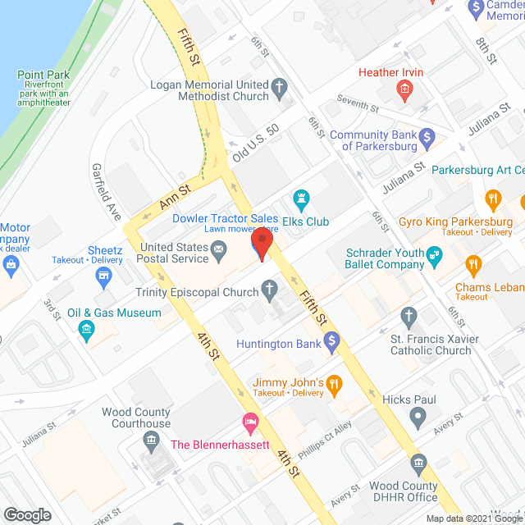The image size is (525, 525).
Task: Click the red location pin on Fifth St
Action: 261,244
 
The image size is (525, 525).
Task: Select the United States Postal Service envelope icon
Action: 219,255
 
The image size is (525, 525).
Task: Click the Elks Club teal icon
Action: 301,198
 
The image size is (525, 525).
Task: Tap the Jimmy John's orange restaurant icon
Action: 334,383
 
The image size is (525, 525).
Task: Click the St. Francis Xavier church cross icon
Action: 409,317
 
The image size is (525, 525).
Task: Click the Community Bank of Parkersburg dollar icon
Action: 426,135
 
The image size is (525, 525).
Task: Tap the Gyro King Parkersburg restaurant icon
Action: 492,198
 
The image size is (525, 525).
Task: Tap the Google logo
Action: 26,514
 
